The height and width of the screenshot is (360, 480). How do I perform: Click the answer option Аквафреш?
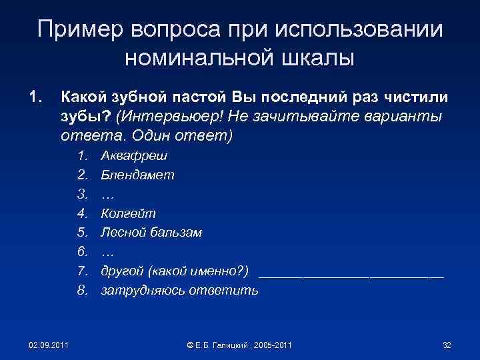[134, 156]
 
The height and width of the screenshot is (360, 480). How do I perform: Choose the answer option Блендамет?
[137, 175]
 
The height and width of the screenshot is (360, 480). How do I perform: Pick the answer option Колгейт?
[128, 213]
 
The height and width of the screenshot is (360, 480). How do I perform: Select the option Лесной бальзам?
[151, 233]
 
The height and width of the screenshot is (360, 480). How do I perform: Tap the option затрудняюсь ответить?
[179, 291]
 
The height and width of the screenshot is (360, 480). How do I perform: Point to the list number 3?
[83, 194]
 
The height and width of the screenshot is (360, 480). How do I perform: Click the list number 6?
[83, 252]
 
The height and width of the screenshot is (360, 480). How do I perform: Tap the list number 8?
[83, 291]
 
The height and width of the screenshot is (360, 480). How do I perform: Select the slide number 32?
[447, 345]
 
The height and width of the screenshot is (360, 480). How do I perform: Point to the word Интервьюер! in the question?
[170, 117]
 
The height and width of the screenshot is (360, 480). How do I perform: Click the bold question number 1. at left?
[34, 97]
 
